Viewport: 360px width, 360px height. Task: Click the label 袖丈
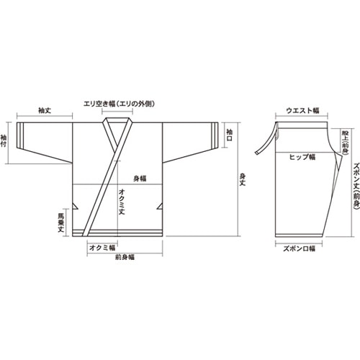[44, 111]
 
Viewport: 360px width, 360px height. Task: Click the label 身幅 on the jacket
[140, 178]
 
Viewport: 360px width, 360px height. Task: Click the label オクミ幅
[98, 247]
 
